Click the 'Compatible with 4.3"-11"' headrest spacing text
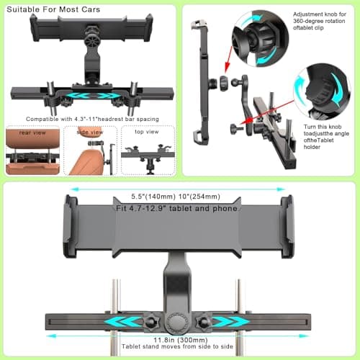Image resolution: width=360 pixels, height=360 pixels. point(89,118)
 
